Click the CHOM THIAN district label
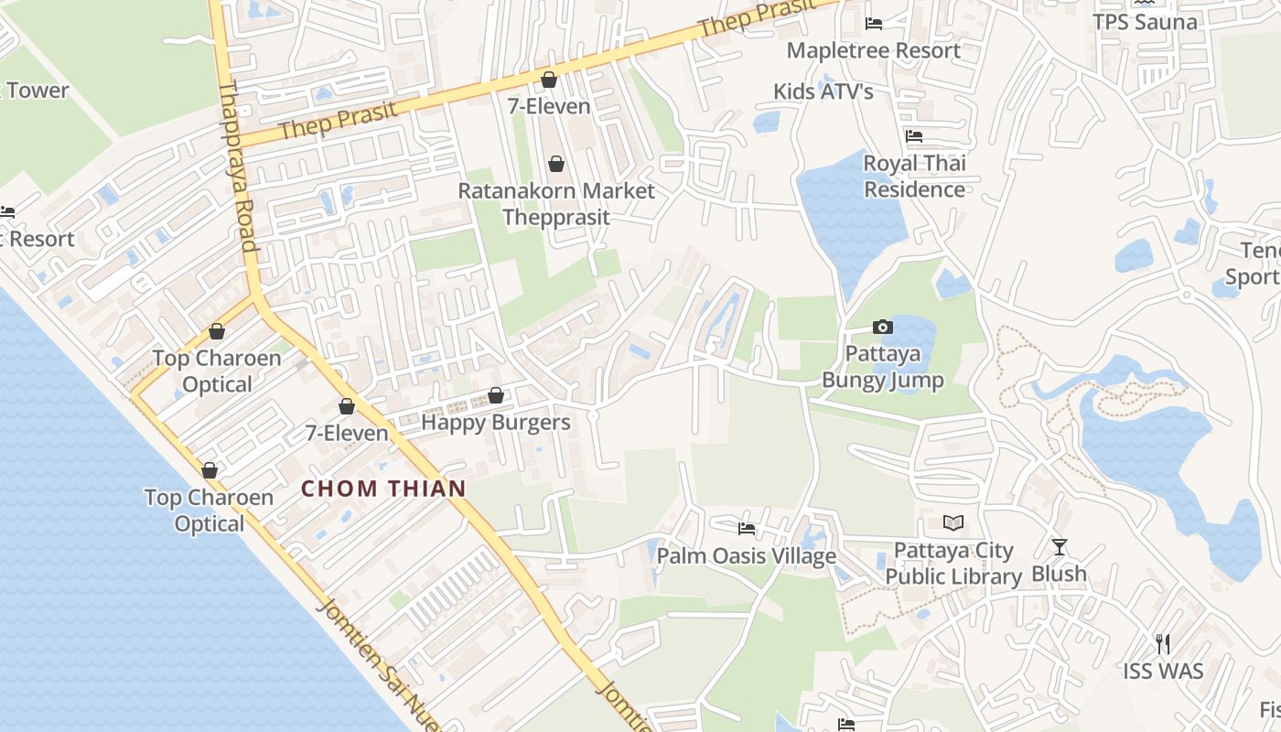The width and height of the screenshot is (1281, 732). (383, 489)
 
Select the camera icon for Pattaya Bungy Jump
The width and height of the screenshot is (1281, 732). (882, 327)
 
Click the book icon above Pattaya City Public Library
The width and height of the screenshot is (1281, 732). (953, 523)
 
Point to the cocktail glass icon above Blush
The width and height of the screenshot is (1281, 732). (1060, 547)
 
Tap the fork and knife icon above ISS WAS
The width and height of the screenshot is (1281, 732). (1163, 644)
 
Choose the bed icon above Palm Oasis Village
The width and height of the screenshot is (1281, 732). (747, 529)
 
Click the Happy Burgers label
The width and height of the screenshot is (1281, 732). (495, 423)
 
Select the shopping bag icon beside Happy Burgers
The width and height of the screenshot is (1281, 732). (496, 395)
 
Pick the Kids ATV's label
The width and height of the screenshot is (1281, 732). (823, 91)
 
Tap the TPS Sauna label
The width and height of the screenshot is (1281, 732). (1145, 22)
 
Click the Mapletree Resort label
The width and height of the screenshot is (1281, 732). (873, 50)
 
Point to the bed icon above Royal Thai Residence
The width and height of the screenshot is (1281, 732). (914, 136)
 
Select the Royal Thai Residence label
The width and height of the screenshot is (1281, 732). (914, 177)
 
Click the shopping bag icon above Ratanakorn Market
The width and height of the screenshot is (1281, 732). (555, 164)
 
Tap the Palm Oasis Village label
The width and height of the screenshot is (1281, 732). (747, 555)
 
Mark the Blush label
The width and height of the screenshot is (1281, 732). (1060, 574)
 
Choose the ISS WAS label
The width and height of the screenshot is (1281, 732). (1163, 671)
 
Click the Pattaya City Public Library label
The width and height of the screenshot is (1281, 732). (953, 564)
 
